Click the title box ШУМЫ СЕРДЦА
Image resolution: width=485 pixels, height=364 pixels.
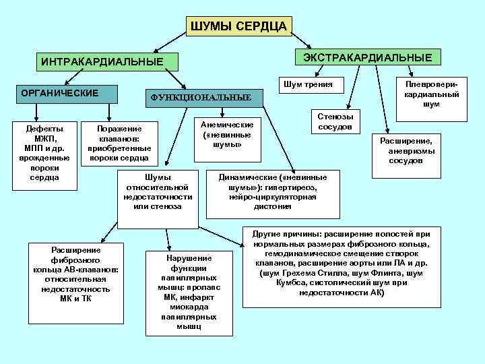238,26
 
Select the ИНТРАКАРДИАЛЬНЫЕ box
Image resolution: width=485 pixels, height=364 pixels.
102,62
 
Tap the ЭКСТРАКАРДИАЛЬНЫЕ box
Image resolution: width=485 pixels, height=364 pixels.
368,57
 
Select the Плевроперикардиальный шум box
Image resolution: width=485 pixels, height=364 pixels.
431,94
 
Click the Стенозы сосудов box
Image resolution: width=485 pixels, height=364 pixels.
335,121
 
